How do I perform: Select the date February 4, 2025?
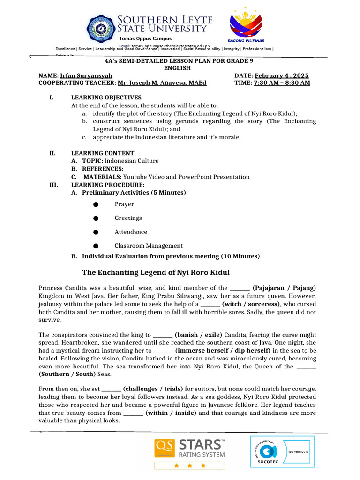(282, 75)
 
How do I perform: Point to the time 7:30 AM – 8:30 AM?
(282, 83)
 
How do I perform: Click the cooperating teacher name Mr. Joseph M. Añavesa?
(162, 83)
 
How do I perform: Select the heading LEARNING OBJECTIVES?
(106, 97)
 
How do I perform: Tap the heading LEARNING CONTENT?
(102, 153)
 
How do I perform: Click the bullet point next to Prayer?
(96, 204)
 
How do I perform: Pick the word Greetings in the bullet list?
(128, 218)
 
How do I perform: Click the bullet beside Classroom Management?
(96, 246)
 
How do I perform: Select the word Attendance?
(131, 232)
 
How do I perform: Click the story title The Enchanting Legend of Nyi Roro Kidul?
(156, 272)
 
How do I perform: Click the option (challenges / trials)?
(154, 389)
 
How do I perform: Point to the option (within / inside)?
(171, 413)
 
